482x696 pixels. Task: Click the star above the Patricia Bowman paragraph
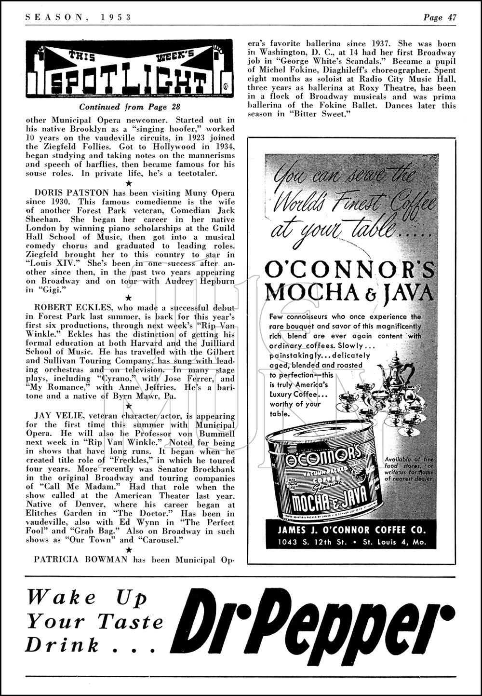(x=128, y=550)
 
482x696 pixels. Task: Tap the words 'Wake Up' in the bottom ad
(x=87, y=599)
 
